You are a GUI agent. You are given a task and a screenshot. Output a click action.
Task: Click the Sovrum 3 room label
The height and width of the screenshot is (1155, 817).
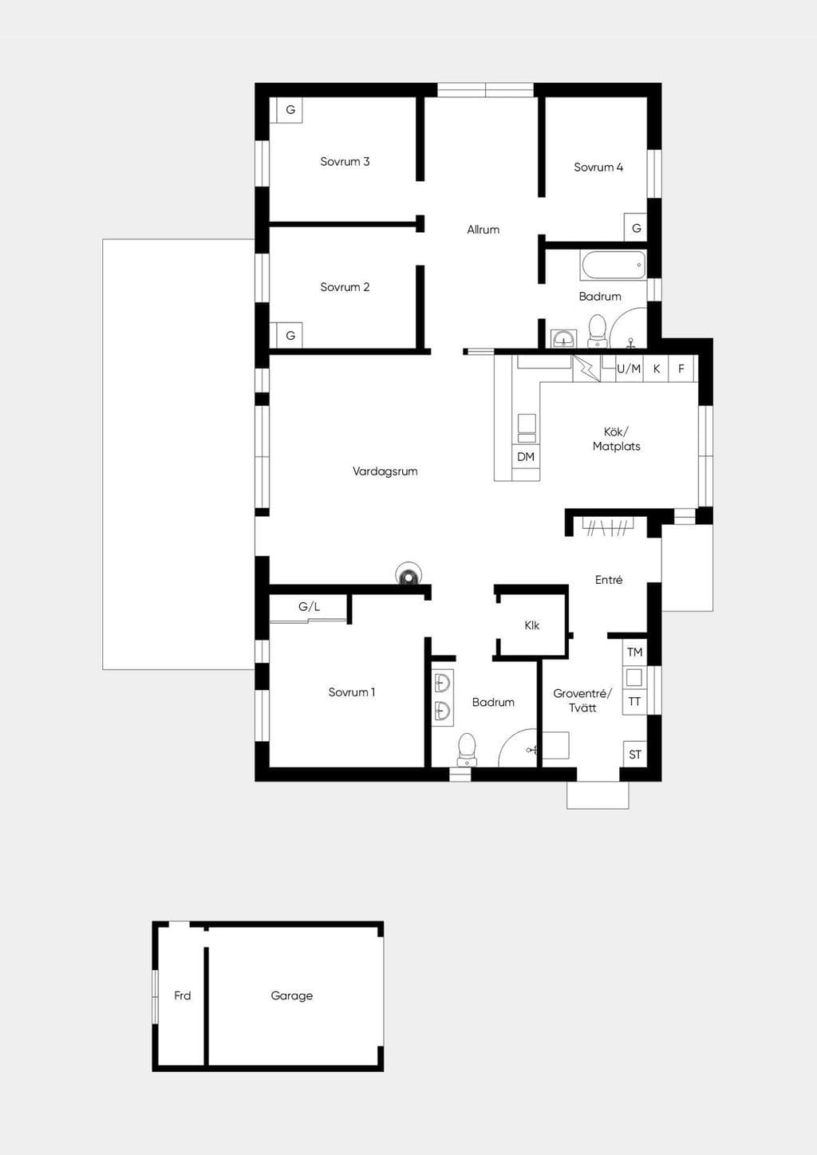(x=345, y=161)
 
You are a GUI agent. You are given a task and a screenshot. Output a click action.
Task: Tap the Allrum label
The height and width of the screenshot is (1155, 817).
(x=483, y=230)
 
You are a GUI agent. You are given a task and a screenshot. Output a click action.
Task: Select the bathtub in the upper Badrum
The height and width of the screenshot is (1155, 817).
(x=614, y=265)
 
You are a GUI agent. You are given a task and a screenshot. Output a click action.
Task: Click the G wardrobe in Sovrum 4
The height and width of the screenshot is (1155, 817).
(x=636, y=227)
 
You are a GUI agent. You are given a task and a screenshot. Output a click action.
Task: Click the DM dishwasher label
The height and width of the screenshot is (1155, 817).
(x=526, y=456)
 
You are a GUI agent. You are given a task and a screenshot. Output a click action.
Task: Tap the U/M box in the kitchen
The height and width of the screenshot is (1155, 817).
(x=629, y=369)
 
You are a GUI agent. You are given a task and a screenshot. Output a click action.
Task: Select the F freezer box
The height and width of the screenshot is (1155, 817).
(x=681, y=369)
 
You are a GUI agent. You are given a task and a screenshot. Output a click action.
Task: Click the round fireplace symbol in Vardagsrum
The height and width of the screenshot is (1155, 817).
(x=408, y=574)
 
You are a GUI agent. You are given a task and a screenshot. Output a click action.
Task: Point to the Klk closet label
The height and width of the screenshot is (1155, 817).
(x=532, y=625)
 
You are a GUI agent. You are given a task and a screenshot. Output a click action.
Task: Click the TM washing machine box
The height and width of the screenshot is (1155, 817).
(x=635, y=652)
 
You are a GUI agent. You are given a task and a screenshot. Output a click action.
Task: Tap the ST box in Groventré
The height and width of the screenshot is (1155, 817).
(x=635, y=755)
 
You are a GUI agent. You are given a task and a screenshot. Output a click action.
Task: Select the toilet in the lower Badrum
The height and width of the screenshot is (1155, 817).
(x=467, y=750)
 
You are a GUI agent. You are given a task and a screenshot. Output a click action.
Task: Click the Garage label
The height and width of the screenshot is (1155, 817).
(x=292, y=995)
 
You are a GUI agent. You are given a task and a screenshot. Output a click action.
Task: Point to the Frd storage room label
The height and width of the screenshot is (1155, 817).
(x=183, y=995)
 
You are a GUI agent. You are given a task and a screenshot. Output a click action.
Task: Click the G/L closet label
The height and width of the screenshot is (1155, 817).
(x=309, y=607)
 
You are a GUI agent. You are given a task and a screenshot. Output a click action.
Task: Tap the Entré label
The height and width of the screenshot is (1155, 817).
(x=609, y=580)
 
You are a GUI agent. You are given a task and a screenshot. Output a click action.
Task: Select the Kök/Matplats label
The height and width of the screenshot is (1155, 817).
(x=617, y=440)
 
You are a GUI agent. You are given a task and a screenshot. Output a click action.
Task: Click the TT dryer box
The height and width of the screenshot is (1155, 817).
(x=635, y=702)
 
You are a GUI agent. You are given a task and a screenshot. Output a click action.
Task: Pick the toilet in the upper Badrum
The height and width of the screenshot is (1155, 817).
(x=598, y=331)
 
